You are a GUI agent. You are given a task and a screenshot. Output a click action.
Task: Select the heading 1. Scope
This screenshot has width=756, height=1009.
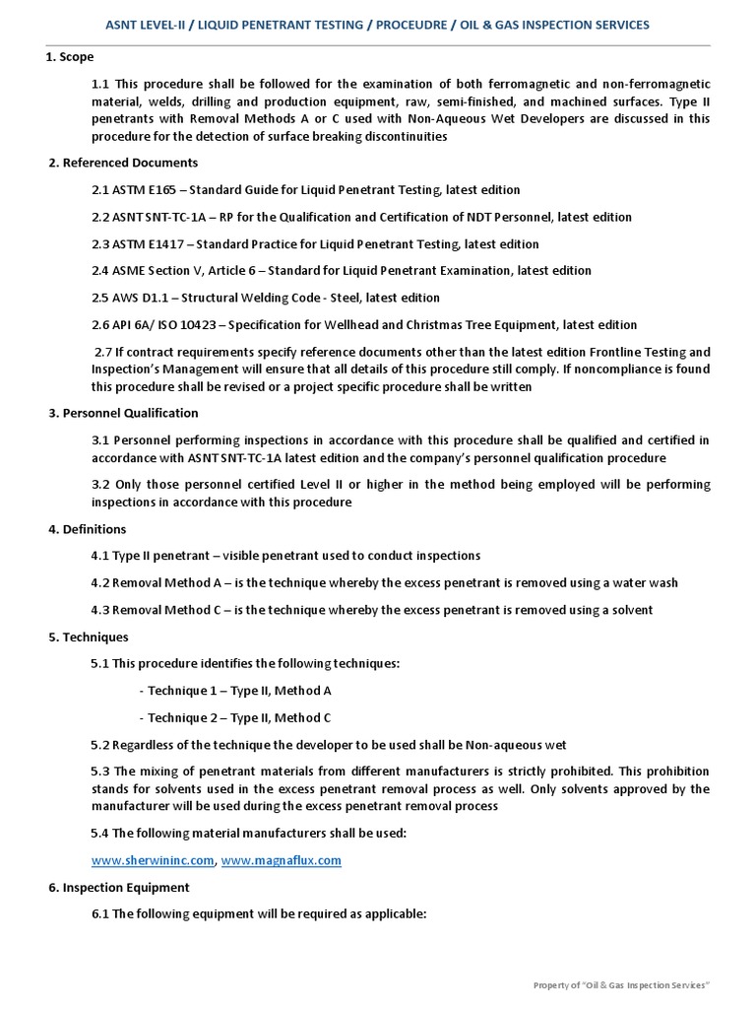coord(70,57)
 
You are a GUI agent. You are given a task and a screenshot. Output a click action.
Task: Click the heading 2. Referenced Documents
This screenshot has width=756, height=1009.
coord(123,163)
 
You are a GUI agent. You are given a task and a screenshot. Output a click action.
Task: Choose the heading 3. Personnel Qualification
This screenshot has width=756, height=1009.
coord(123,413)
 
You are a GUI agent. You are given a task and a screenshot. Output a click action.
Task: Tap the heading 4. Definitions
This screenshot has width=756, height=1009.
coord(88,529)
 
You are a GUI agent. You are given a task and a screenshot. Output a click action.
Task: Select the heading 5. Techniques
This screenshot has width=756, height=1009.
coord(89,637)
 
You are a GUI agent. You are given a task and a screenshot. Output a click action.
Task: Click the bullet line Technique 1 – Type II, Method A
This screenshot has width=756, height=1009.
coord(235,691)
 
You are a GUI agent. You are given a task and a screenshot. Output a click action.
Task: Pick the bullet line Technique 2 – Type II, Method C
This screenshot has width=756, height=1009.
coord(235,717)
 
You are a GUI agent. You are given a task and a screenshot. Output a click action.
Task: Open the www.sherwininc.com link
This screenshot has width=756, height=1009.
coord(153,860)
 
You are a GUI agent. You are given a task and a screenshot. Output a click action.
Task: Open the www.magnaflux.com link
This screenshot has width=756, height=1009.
coord(282,860)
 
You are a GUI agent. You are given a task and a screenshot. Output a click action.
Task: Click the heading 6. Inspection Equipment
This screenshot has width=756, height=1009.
coord(119,887)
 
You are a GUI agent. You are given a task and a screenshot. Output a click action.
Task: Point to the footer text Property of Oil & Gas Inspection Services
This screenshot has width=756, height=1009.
coord(621,985)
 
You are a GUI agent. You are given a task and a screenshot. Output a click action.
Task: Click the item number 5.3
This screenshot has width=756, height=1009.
coord(101,771)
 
